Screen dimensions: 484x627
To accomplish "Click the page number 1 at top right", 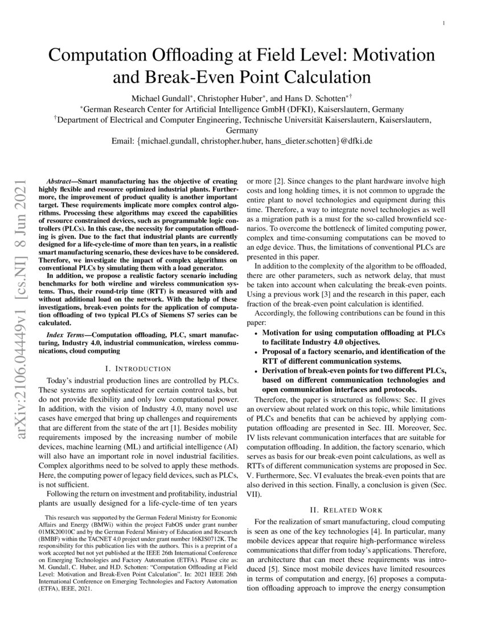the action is (x=443, y=24).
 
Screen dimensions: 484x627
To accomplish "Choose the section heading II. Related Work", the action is (x=347, y=509).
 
